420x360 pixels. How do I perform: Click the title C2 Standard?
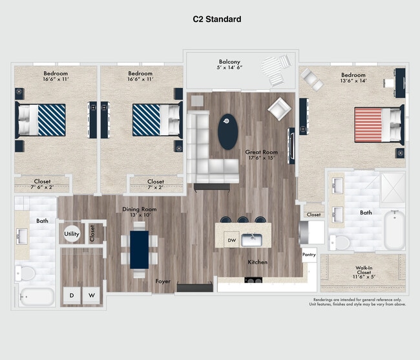(x=217, y=19)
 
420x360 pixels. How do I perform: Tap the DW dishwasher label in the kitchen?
(x=232, y=240)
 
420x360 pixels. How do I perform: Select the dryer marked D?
(x=72, y=295)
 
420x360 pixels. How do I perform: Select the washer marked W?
(x=92, y=295)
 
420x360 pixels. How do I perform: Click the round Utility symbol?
(x=71, y=233)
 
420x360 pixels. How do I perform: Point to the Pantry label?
(x=309, y=255)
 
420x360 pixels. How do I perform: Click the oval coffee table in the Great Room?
(x=227, y=131)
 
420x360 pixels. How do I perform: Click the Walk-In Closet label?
(x=362, y=271)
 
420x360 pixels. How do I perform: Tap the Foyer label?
(x=163, y=281)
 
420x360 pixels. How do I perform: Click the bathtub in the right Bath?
(x=394, y=231)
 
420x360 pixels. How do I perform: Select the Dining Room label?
(x=140, y=209)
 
